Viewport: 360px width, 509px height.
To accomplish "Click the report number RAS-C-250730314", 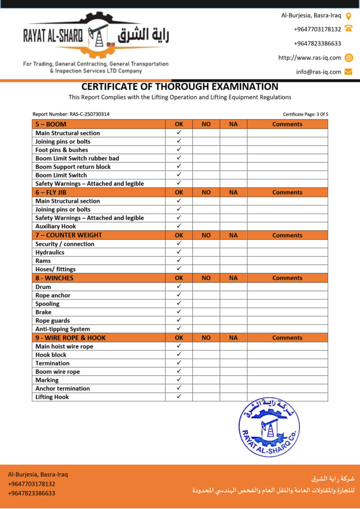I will (71, 114).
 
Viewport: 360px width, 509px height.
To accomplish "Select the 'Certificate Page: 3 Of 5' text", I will (305, 114).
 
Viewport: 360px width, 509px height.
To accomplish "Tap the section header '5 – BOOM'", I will (51, 124).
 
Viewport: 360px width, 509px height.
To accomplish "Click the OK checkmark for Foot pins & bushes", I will (179, 150).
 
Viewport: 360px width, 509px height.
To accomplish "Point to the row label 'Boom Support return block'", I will (73, 167).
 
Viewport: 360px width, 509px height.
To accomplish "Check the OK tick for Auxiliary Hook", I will (179, 226).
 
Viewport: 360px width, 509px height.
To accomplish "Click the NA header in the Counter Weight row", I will (233, 236).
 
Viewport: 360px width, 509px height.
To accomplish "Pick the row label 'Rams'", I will (43, 261).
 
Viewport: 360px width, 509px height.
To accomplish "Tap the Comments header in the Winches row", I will (287, 278).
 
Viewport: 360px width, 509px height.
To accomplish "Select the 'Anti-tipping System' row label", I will (63, 329).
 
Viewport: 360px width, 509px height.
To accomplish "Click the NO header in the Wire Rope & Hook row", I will (206, 338).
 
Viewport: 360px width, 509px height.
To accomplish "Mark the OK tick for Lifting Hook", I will (179, 397).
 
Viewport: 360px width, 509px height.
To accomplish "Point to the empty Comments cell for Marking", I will (287, 380).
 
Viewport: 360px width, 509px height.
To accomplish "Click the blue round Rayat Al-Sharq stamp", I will (269, 426).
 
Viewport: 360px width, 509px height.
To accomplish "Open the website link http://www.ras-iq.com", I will (310, 58).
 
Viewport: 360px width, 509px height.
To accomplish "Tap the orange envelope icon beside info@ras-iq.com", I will (349, 72).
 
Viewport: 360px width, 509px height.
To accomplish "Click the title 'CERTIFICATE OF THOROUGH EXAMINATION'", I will (180, 87).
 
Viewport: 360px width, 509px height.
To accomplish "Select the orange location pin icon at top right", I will (349, 15).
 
